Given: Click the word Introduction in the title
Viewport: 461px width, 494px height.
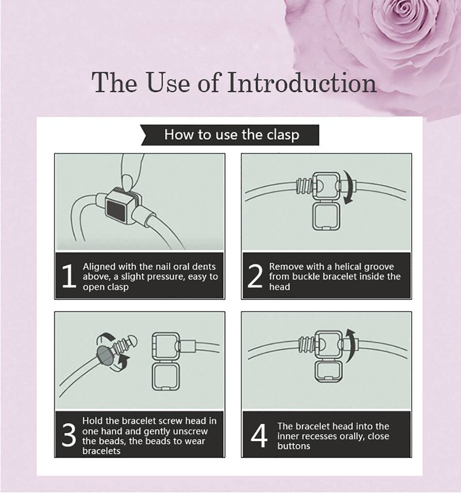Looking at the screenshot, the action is [x=302, y=82].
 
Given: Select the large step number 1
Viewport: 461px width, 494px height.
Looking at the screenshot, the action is [x=69, y=276].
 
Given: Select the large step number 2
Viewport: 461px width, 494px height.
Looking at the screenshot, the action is [x=255, y=276].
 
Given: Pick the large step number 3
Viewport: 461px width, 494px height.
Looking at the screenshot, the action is [x=69, y=435].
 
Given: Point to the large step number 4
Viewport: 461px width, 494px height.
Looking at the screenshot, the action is [x=259, y=436].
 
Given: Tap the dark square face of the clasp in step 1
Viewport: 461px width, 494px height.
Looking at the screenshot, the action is [x=118, y=211].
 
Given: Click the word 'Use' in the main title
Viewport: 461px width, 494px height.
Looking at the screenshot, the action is [x=168, y=82].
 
